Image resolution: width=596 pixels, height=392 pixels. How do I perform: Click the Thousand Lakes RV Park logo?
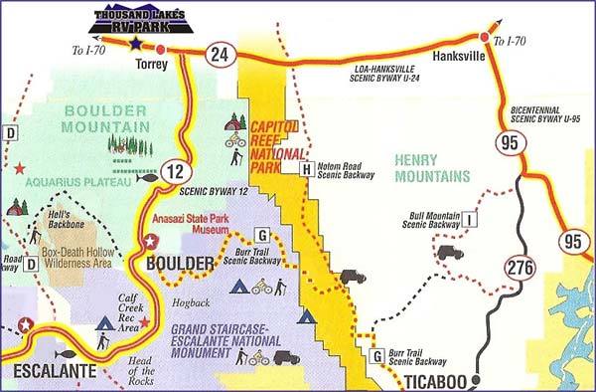(138, 19)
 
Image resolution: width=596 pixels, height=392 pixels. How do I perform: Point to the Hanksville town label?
(457, 57)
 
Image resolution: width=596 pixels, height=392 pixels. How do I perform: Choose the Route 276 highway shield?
(518, 266)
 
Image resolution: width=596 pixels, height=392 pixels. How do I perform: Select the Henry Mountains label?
(431, 168)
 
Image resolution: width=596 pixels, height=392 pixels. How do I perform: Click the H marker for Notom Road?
(307, 169)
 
